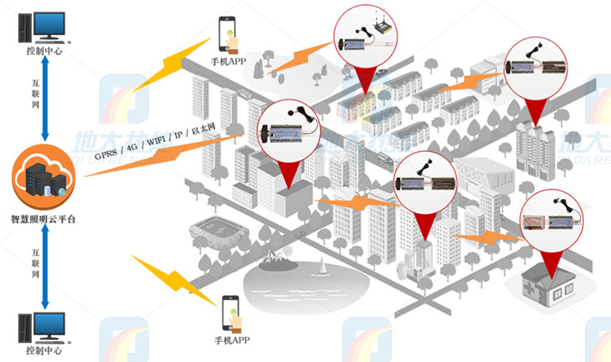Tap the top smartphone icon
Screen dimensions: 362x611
(x=229, y=35)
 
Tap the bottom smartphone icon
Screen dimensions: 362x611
(x=230, y=313)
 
